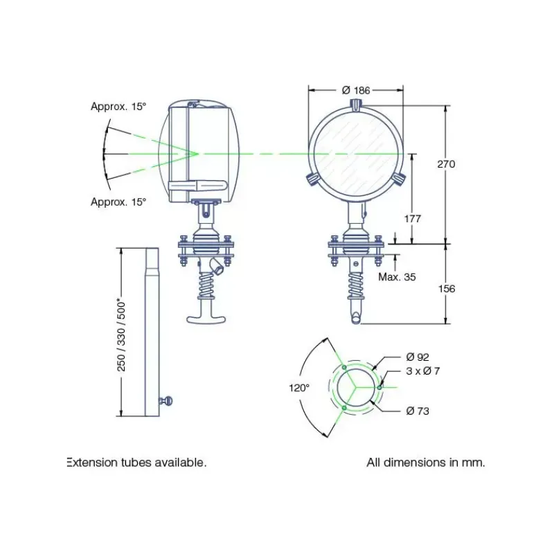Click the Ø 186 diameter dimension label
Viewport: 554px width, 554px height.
356,91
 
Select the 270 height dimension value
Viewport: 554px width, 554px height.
446,164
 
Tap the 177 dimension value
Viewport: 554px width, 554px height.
413,219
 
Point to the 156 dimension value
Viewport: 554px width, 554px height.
447,289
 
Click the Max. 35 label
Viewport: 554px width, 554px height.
397,277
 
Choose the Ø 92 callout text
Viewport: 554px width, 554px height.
418,357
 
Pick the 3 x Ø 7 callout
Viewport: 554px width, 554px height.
423,371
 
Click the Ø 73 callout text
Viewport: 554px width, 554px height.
418,411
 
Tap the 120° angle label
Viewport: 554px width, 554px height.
299,388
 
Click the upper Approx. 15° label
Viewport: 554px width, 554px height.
118,107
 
